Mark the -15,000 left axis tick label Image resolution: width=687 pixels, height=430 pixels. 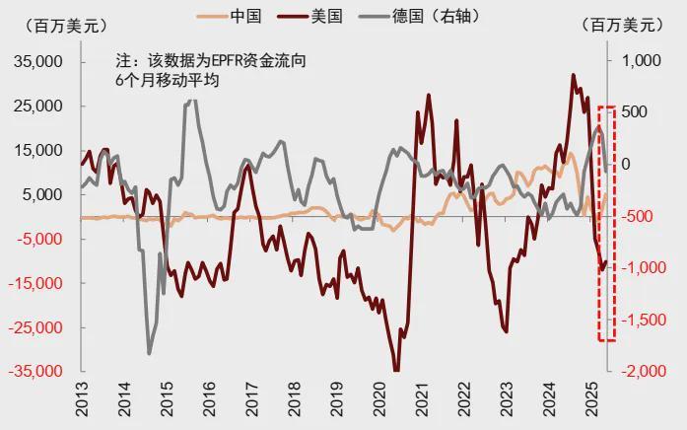point(37,283)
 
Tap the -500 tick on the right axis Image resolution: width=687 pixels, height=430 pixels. point(645,216)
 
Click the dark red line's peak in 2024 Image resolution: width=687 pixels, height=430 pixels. point(574,75)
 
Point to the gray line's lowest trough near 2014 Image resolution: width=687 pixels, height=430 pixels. point(149,352)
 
